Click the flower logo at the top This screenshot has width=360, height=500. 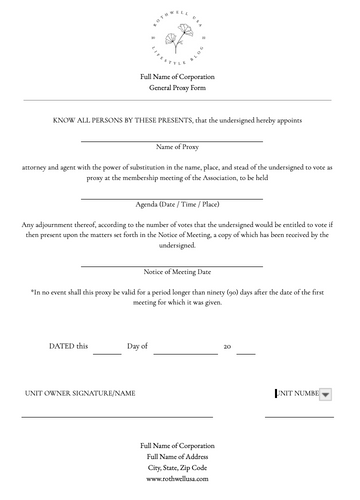click(x=179, y=37)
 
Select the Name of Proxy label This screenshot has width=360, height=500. click(x=179, y=147)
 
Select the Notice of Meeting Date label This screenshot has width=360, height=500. click(x=179, y=272)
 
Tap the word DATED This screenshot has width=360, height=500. click(x=61, y=346)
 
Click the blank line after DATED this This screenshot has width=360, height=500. click(x=107, y=353)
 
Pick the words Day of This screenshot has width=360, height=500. click(x=138, y=346)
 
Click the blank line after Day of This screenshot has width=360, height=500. click(x=186, y=353)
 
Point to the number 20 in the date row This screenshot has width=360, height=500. click(x=228, y=346)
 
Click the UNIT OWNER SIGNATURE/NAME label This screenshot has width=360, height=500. click(x=80, y=394)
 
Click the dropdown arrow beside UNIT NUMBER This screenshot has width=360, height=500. click(x=326, y=395)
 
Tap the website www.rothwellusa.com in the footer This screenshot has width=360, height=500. click(x=179, y=479)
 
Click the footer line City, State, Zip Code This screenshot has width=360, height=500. click(x=179, y=467)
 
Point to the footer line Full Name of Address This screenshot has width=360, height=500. click(x=179, y=456)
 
